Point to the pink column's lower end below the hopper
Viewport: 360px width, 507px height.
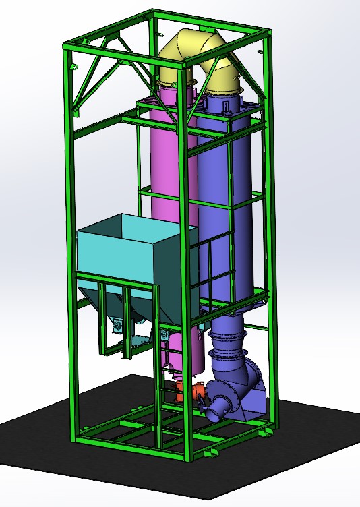192,354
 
